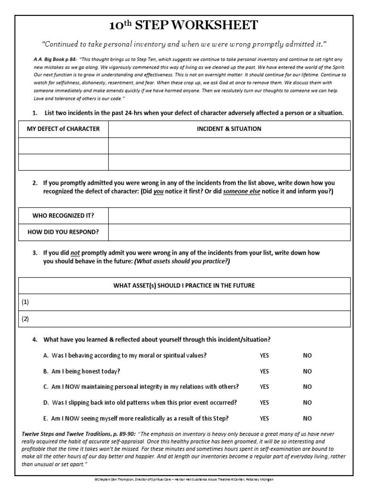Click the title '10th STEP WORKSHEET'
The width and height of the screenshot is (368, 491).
pos(184,25)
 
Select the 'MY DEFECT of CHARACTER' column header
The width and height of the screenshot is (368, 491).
pos(63,129)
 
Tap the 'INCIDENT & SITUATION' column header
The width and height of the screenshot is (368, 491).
pos(229,129)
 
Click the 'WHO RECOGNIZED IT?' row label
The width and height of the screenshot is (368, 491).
pos(63,215)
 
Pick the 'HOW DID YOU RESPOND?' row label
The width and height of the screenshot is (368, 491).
pos(63,232)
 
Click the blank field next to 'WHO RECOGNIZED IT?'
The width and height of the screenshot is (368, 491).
pos(229,215)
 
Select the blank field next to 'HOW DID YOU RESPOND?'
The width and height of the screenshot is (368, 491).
pos(229,232)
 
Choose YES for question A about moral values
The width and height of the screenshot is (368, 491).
pos(264,355)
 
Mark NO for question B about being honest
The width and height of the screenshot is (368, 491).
pos(307,371)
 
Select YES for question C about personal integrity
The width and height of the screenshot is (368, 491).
pos(264,386)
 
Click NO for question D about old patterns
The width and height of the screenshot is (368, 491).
pos(307,402)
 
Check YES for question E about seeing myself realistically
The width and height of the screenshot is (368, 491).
pos(264,418)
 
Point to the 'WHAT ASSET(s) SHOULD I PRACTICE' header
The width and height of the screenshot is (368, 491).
pos(184,285)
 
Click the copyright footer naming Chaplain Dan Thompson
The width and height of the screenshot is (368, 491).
pos(184,479)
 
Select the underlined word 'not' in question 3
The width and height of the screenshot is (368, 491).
pos(75,252)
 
